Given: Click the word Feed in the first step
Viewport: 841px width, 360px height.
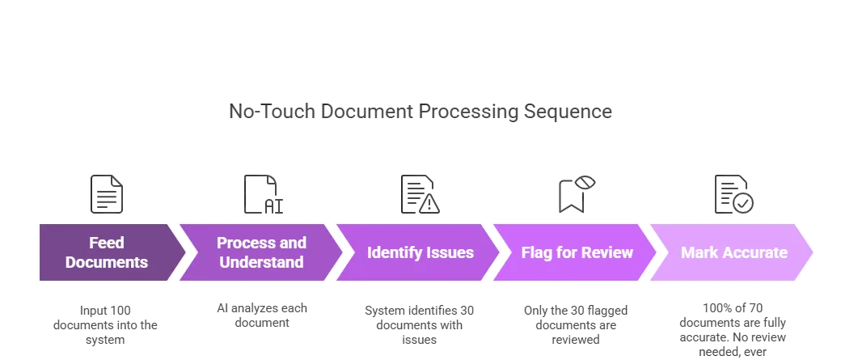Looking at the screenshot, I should coord(107,243).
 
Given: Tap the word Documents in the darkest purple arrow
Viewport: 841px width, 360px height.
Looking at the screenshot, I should coord(107,262).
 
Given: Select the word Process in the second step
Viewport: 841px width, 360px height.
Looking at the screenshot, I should coord(242,243).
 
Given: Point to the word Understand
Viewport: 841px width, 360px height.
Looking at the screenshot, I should coord(261,262).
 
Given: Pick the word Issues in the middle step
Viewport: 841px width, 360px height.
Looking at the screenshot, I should coord(452,252).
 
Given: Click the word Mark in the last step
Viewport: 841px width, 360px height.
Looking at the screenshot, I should coord(699,252).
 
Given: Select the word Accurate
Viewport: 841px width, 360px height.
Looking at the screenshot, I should coord(754,252).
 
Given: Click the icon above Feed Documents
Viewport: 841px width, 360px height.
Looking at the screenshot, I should coord(107,194).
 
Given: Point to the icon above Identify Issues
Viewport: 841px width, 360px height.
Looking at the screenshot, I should coord(420,194).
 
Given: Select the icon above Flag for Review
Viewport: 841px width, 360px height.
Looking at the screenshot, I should coord(577,194).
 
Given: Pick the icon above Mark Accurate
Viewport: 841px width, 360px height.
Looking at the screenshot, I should coord(733,194).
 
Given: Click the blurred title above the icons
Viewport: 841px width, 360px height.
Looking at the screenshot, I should coord(420,112).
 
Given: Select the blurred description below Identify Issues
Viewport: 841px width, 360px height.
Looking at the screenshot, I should coord(420,325).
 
